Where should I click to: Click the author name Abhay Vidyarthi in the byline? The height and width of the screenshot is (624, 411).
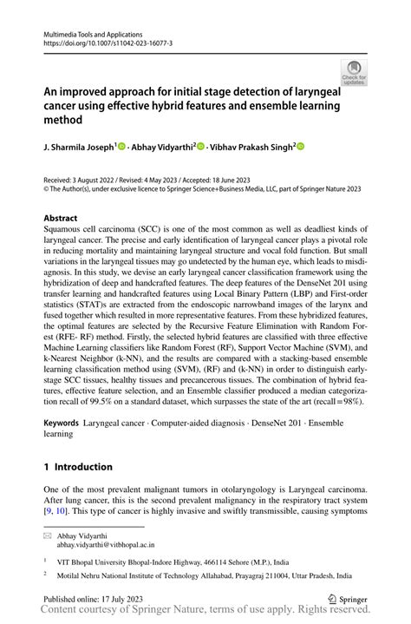tap(164, 148)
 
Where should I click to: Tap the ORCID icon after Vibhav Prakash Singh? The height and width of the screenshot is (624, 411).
tap(301, 148)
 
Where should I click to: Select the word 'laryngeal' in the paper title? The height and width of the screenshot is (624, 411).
tap(307, 90)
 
